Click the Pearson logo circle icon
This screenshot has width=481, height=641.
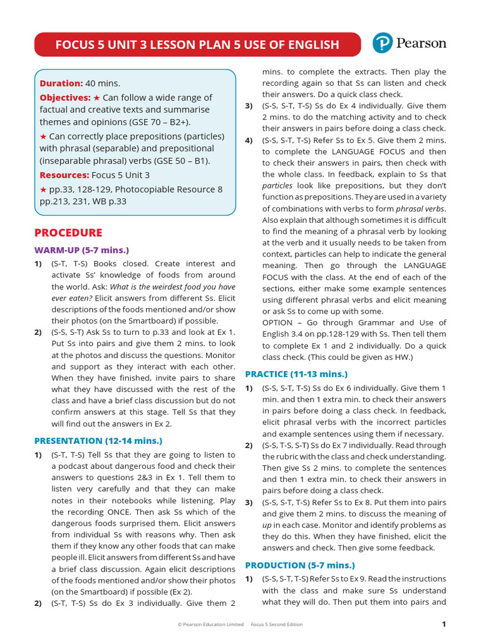pyautogui.click(x=383, y=43)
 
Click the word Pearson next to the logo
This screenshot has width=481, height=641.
pyautogui.click(x=420, y=43)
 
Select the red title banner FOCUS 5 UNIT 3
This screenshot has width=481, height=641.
pyautogui.click(x=197, y=44)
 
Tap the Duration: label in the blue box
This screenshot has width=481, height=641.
pyautogui.click(x=61, y=83)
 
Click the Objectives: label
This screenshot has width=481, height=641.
pyautogui.click(x=65, y=98)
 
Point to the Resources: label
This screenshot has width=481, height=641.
pyautogui.click(x=65, y=175)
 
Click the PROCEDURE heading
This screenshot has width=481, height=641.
pyautogui.click(x=68, y=233)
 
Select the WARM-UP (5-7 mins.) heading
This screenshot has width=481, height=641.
pyautogui.click(x=81, y=250)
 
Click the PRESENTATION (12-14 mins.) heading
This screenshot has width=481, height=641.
pyautogui.click(x=98, y=441)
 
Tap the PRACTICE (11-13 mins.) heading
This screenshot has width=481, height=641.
pyautogui.click(x=296, y=374)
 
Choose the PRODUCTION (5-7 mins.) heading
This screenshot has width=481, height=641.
pyautogui.click(x=299, y=565)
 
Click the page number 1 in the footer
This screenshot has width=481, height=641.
pyautogui.click(x=443, y=624)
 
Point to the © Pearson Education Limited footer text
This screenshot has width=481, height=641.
pyautogui.click(x=210, y=624)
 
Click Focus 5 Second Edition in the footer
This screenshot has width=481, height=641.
pyautogui.click(x=276, y=624)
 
